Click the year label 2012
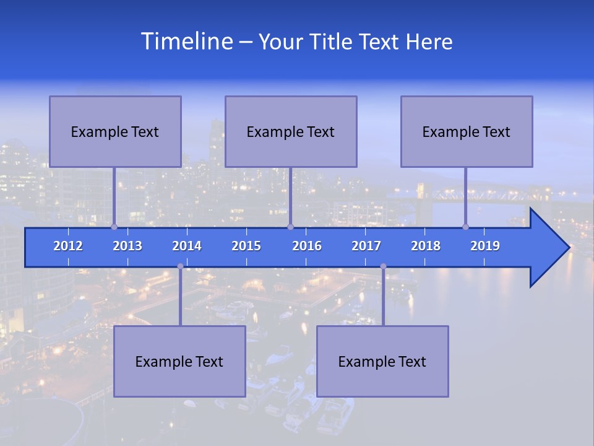coord(68,246)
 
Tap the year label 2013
coord(127,246)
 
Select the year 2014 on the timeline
coord(187,246)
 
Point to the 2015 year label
coord(246,246)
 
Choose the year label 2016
coord(307,246)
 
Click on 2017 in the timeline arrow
coord(366,246)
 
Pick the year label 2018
coord(426,246)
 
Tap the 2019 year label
coord(485,246)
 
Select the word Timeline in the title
coord(186,42)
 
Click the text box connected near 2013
coord(115,131)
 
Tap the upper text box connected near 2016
coord(291,131)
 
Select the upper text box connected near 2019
coord(467,131)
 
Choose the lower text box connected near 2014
coord(179,361)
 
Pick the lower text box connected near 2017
coord(382,361)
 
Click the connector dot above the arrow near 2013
coord(114,227)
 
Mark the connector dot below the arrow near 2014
coord(180,266)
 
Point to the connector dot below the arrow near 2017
coord(383,266)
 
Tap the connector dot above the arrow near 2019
coord(466,227)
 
